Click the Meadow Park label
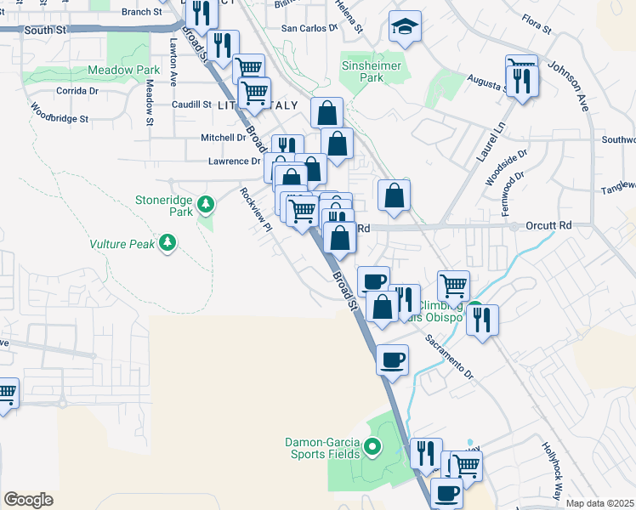[124, 70]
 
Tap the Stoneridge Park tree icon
[205, 204]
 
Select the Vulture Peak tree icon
[168, 243]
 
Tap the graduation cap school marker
[406, 27]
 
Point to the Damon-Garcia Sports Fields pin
[372, 445]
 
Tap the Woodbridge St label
[60, 113]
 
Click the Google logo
[28, 500]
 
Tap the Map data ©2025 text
[600, 503]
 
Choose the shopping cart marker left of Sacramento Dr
[453, 286]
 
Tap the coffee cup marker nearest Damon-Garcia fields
[392, 360]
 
